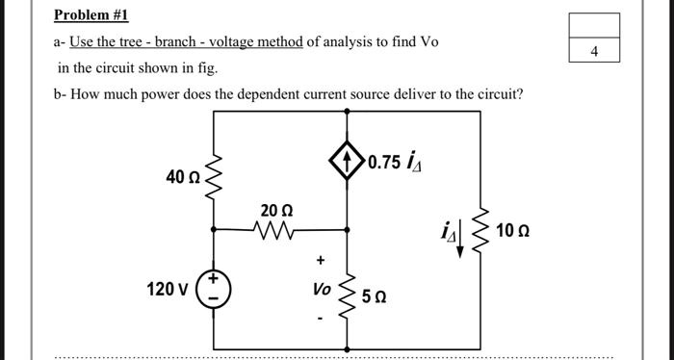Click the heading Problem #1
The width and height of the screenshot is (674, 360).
91,15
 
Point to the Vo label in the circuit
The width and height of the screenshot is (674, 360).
322,289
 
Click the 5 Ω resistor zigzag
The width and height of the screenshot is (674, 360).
348,292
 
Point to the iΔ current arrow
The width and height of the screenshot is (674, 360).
459,235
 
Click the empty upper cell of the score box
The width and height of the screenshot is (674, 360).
594,25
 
